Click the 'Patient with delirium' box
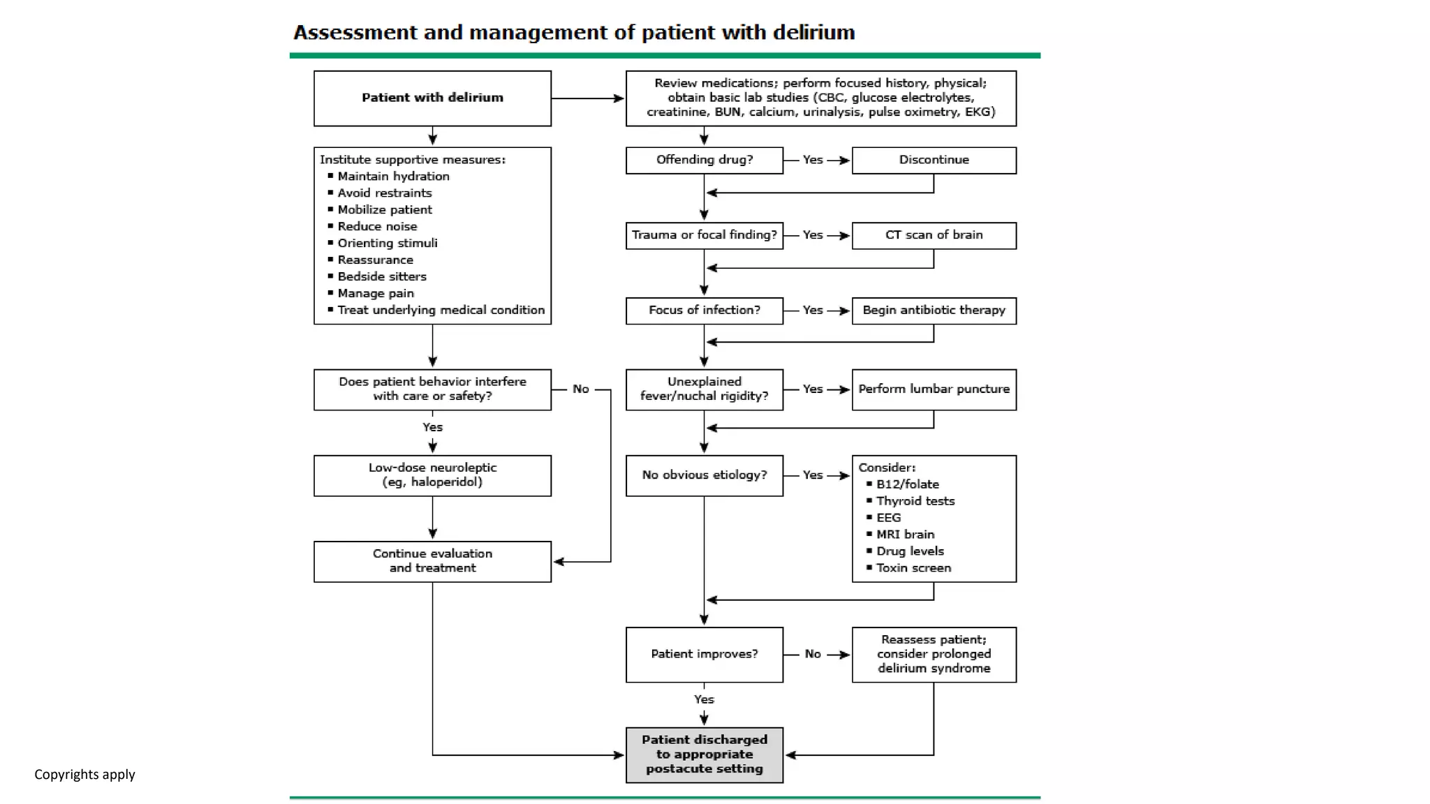pos(432,98)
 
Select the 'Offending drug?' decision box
pos(704,160)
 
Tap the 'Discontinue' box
pos(934,160)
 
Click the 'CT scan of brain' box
pos(934,235)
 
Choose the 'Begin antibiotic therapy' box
pos(934,310)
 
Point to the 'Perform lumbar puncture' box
pos(934,389)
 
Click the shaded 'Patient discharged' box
pos(704,754)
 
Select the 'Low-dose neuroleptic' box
pos(432,475)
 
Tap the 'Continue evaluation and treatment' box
pos(432,561)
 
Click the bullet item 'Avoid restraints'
pos(384,193)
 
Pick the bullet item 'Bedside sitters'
pos(381,276)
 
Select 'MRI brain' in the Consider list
pos(905,535)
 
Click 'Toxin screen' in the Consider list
pos(913,568)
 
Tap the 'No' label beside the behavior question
pos(580,389)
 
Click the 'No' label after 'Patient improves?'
pos(812,654)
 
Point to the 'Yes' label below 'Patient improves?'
pos(704,699)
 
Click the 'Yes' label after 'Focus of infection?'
pos(812,310)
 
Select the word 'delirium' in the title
pos(813,33)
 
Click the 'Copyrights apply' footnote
pos(84,775)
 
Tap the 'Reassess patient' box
pos(934,654)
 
